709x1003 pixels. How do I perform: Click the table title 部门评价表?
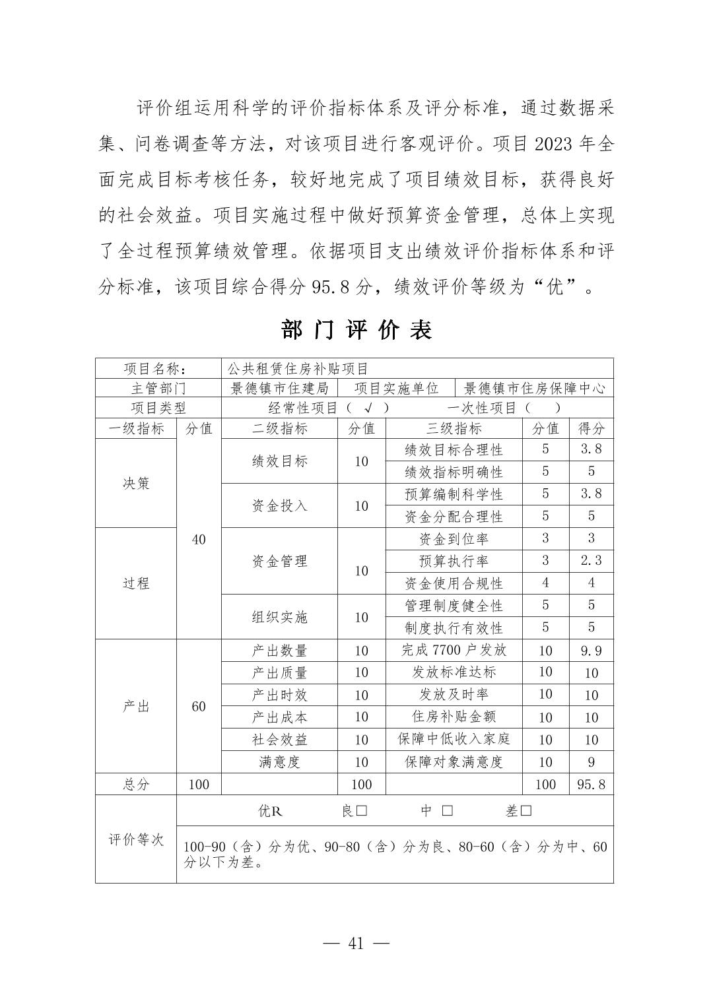click(356, 329)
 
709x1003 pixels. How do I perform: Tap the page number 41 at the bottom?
click(356, 943)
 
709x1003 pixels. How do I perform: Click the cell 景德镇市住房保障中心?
click(534, 388)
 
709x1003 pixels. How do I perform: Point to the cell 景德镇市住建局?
click(279, 388)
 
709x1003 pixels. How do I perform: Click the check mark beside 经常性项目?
click(368, 408)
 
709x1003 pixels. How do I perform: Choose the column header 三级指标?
click(454, 428)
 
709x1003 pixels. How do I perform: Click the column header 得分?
click(591, 428)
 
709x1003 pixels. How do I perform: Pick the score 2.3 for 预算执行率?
click(591, 561)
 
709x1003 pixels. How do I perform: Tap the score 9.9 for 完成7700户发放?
click(591, 651)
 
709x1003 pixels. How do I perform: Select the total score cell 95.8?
click(591, 785)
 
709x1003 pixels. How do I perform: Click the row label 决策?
click(136, 483)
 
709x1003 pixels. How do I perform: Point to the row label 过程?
click(136, 583)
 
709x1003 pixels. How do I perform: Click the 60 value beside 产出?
click(199, 706)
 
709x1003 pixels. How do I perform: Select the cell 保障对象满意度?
click(454, 762)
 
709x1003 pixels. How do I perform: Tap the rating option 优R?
click(270, 811)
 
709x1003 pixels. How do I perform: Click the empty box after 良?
click(361, 811)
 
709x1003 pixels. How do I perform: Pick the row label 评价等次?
click(136, 839)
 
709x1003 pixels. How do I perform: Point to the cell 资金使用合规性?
click(454, 583)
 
